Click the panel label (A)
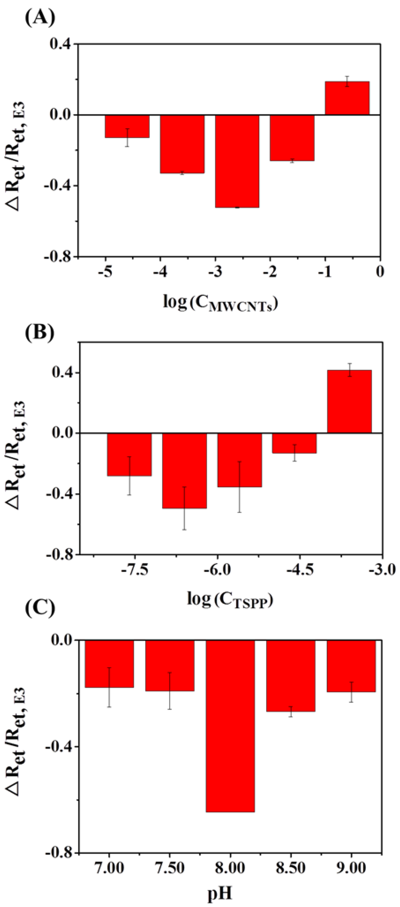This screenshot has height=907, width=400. coord(40,18)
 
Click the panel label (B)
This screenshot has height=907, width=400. coord(40,332)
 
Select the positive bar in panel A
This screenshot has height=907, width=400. coord(347,98)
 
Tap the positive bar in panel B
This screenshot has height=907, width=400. coord(349,401)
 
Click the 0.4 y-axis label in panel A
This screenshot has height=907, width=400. coord(60,44)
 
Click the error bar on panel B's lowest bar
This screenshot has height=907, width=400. coord(184,508)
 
